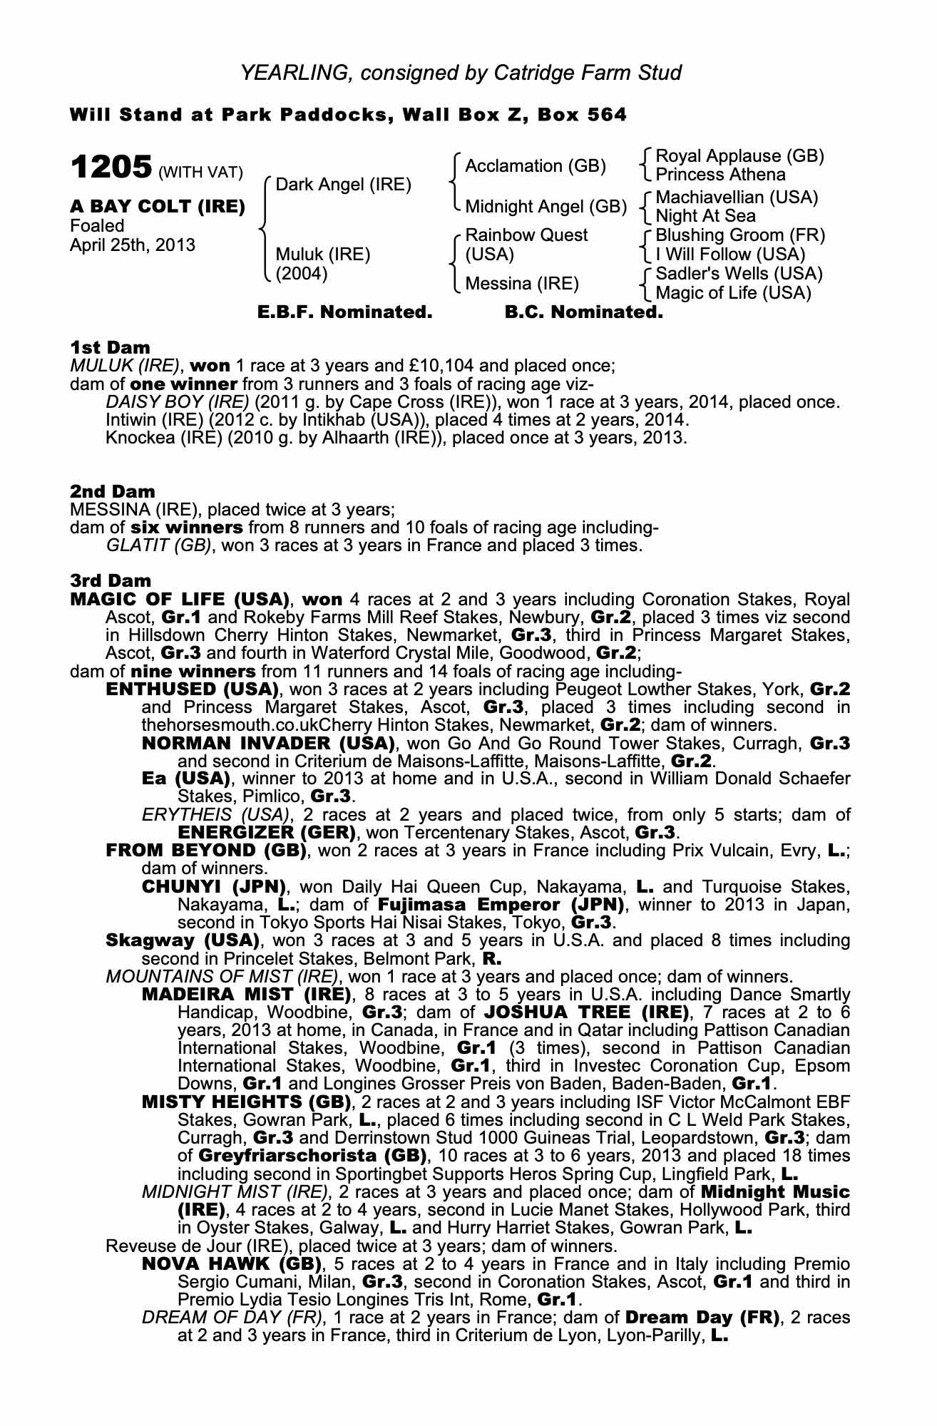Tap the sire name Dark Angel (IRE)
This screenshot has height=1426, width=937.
(x=343, y=185)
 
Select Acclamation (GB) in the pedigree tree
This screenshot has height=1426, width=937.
(x=535, y=166)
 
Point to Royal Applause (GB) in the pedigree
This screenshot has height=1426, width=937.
(x=739, y=156)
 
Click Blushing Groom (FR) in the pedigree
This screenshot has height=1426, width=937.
(x=739, y=235)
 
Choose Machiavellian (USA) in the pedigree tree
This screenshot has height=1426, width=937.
(x=737, y=197)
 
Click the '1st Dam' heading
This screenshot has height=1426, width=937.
(x=110, y=348)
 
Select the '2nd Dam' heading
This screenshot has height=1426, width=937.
(x=112, y=492)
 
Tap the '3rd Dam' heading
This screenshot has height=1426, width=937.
(x=111, y=582)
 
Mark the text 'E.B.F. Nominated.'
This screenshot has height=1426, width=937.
(x=344, y=312)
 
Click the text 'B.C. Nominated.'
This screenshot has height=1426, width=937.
(x=583, y=312)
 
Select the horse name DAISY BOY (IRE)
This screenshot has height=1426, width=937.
(x=177, y=402)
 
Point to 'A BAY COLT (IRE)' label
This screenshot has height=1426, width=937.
(x=158, y=207)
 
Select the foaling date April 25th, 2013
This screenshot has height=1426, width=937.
(x=132, y=245)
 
